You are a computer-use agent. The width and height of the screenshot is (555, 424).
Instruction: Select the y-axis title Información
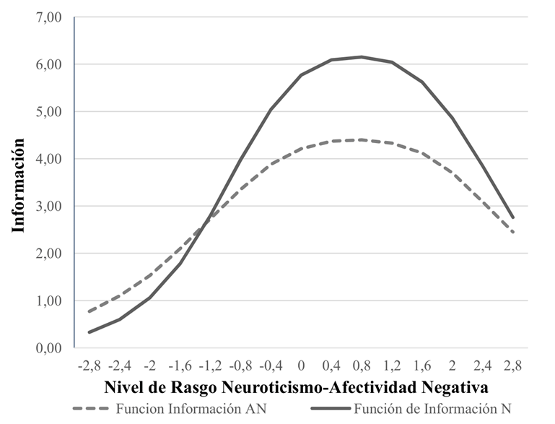19,186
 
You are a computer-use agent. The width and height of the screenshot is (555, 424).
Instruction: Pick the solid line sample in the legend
332,409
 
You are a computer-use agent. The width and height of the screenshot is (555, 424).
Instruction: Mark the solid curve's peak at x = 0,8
361,57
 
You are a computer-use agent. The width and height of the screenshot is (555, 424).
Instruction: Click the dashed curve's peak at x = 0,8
361,139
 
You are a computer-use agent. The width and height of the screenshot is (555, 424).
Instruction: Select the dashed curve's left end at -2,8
89,311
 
